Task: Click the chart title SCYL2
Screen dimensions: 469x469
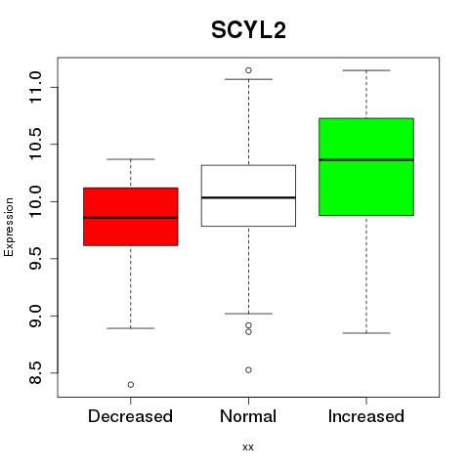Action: click(x=248, y=30)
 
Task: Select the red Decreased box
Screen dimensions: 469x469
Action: click(x=131, y=217)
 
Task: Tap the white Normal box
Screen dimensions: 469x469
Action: click(x=248, y=195)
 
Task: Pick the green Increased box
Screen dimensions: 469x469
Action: click(x=366, y=167)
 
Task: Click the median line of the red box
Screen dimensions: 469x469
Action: click(x=131, y=218)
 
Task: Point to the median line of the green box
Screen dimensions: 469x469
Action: click(x=366, y=160)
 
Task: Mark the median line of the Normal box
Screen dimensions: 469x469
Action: click(x=248, y=197)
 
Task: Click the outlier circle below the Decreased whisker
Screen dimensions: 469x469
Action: click(x=131, y=385)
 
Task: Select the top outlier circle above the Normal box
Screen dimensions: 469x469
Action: click(x=248, y=70)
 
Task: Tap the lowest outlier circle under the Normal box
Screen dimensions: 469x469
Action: click(x=248, y=370)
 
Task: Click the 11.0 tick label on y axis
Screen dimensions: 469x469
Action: click(x=35, y=87)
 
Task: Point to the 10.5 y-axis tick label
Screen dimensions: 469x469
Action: click(x=35, y=145)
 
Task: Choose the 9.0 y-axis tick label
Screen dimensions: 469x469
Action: click(x=35, y=316)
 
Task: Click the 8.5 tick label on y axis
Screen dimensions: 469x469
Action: click(x=35, y=373)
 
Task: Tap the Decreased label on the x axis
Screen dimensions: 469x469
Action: click(x=130, y=416)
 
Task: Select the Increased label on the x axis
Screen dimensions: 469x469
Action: click(x=366, y=416)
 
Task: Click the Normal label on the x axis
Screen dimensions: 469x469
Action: click(x=248, y=416)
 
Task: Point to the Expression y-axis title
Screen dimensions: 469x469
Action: click(x=9, y=227)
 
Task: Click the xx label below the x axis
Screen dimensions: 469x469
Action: click(x=248, y=448)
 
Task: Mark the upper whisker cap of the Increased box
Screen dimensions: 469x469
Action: click(x=366, y=70)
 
